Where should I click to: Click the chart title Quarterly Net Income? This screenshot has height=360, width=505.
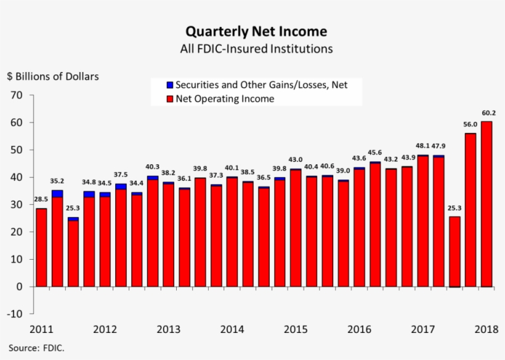(256, 31)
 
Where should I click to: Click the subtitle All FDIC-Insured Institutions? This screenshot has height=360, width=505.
(256, 48)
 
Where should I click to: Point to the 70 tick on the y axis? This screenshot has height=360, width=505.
(17, 95)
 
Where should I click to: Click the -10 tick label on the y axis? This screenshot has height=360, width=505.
(15, 314)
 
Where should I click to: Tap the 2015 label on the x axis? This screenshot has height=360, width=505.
(295, 329)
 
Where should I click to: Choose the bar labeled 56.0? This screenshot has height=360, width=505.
(470, 210)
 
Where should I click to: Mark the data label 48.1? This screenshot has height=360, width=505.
(422, 146)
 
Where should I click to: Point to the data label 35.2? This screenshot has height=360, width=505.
(57, 182)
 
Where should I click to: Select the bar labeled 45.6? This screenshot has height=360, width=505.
(374, 225)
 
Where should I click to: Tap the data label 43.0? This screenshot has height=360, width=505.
(296, 160)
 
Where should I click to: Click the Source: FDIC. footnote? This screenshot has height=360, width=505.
(36, 348)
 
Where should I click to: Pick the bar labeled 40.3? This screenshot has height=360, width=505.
(152, 231)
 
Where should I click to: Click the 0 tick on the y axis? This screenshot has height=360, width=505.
(20, 287)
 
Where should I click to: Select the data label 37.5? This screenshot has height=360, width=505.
(121, 174)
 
